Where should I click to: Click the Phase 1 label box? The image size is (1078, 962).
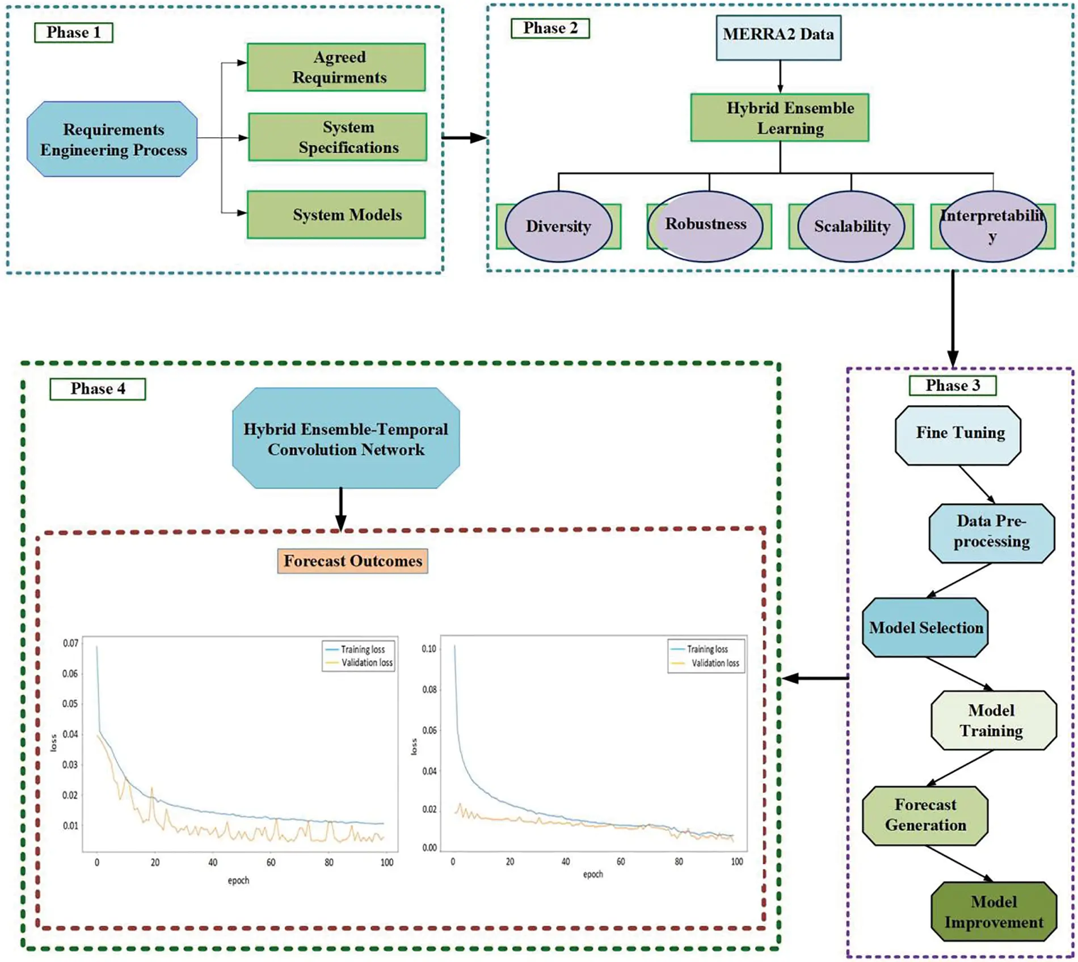point(73,32)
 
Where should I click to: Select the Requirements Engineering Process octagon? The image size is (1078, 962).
point(112,140)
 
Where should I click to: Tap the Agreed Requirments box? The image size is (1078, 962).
point(336,67)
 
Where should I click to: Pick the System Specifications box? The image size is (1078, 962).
point(337,137)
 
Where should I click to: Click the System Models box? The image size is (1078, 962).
point(336,215)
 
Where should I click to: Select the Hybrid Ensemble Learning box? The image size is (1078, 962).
point(779,117)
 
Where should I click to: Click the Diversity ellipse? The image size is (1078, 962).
point(558,226)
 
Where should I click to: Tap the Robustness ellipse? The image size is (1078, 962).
point(705,225)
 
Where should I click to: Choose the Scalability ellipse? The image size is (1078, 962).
point(851,226)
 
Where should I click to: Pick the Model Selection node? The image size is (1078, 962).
point(925,627)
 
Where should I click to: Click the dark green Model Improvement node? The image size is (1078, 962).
point(993,911)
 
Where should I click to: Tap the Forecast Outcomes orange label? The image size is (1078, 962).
point(352,561)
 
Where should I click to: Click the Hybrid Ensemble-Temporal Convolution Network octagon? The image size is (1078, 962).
point(346,438)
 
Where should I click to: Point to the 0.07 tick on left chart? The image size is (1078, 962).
point(70,643)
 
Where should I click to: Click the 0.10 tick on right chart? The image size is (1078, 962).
point(429,648)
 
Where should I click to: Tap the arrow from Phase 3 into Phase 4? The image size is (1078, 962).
point(815,678)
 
